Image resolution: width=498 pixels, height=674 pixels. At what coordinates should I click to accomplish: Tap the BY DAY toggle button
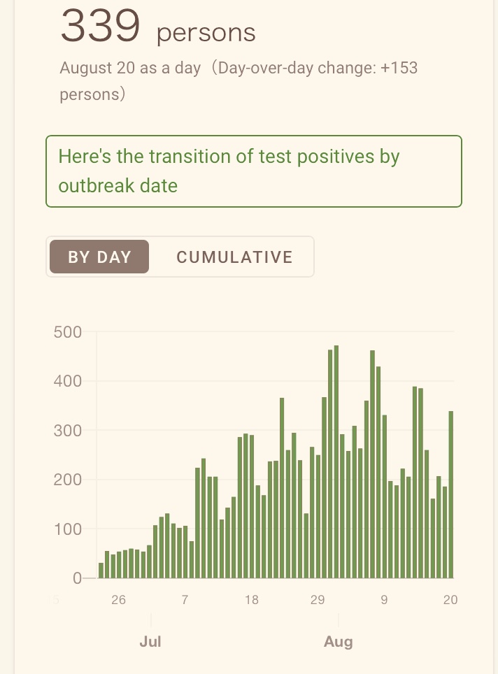(99, 257)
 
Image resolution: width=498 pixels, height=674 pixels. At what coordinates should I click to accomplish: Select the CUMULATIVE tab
(234, 257)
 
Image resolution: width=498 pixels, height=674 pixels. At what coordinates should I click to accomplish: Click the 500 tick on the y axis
(68, 332)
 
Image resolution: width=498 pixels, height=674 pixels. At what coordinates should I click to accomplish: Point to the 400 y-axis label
(68, 381)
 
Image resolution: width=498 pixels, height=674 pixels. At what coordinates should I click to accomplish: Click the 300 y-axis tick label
(68, 430)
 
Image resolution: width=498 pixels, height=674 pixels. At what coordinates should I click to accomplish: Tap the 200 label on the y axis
(68, 479)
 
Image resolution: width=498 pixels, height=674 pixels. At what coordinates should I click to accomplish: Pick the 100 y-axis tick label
(68, 529)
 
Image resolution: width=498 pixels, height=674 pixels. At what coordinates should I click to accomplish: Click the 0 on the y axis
(77, 578)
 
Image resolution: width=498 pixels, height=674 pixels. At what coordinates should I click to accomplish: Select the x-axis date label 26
(118, 600)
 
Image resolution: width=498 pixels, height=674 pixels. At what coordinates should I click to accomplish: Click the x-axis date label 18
(252, 600)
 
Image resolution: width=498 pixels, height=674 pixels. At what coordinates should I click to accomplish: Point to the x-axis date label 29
(318, 600)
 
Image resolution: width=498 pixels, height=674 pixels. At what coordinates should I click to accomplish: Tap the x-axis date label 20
(450, 600)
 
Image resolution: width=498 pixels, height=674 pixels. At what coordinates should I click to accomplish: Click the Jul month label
(150, 641)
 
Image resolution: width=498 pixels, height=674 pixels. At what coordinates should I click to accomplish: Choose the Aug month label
(339, 642)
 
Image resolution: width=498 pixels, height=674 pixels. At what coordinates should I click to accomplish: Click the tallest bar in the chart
(336, 461)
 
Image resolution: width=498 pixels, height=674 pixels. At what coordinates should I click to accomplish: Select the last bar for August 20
(451, 495)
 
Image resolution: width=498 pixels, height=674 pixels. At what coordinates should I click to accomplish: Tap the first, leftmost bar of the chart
(101, 571)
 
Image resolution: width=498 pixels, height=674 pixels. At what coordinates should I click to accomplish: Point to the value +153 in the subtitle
(399, 68)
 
